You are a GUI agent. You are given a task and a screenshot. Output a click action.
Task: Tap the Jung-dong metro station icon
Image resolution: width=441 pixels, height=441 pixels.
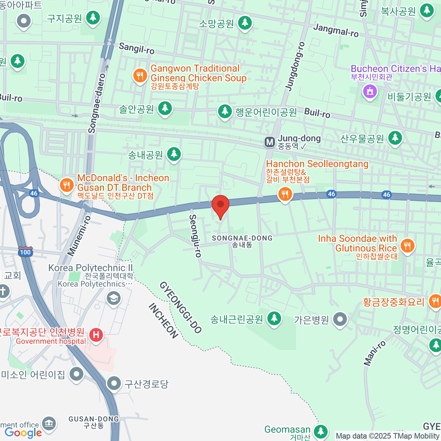[270, 142]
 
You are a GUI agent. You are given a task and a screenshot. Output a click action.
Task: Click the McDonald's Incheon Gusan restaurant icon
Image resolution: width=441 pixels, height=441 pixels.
[67, 184]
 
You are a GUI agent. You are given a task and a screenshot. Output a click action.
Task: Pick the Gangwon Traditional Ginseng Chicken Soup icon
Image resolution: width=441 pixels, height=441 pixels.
[140, 76]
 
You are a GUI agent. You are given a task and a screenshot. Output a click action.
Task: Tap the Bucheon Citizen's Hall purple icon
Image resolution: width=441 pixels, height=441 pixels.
[370, 91]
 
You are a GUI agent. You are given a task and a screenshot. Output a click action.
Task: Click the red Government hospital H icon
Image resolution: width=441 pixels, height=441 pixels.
[96, 335]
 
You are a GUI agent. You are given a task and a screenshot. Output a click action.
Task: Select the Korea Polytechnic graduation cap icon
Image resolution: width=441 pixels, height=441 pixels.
[114, 298]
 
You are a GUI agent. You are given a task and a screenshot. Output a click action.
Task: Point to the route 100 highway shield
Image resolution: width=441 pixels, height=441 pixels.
[25, 252]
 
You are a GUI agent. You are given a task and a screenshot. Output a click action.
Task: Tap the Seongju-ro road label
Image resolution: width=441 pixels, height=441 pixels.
[195, 236]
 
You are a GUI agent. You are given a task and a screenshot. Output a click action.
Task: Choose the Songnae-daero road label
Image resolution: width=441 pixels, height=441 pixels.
[97, 103]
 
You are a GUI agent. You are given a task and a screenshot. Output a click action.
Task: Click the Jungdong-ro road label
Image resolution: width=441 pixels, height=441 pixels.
[295, 66]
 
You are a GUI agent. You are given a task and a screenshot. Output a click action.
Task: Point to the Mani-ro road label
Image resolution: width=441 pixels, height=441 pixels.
[375, 353]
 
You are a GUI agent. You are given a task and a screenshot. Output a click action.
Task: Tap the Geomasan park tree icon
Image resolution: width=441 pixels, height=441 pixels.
[321, 431]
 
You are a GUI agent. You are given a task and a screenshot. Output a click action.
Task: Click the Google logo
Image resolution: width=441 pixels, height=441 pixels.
[23, 433]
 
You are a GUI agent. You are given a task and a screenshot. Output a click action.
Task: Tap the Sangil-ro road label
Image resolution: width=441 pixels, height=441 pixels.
[136, 48]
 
